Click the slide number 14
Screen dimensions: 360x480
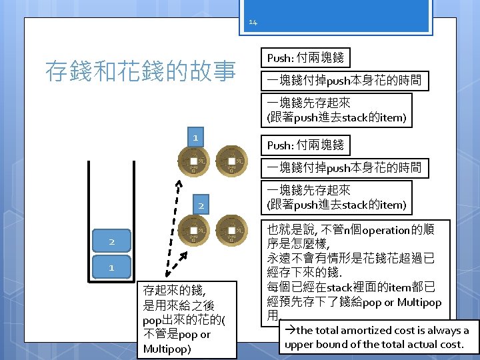point(253,23)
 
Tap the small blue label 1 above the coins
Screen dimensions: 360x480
point(194,137)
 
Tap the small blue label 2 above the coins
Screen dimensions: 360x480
point(200,205)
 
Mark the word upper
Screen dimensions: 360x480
point(299,345)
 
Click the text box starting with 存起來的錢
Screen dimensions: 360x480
point(189,319)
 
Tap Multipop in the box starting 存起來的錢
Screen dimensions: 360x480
point(167,349)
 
